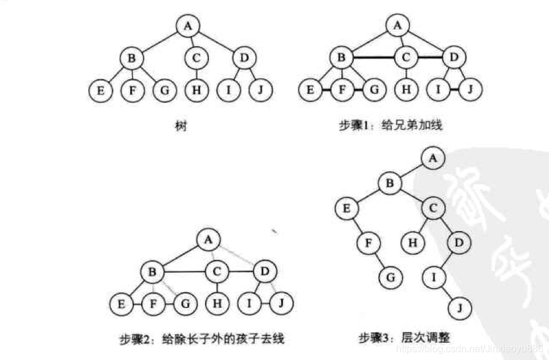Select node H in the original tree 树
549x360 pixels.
[x=197, y=90]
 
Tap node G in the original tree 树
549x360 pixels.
[x=164, y=90]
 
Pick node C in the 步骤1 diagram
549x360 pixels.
[x=405, y=58]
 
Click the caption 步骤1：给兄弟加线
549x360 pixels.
[x=391, y=125]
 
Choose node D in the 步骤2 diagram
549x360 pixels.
[x=265, y=270]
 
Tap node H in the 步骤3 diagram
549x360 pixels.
[x=413, y=243]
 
